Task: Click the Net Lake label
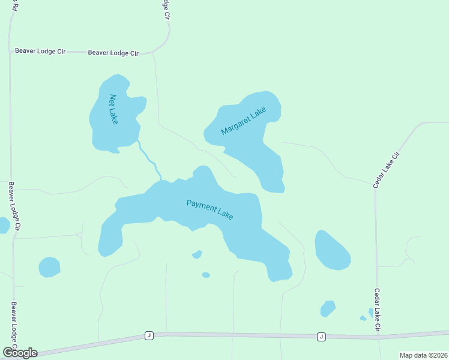point(113,109)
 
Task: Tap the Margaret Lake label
point(243,121)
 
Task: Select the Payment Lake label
point(209,209)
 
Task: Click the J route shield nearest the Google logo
point(148,335)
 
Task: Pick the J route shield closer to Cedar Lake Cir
point(321,337)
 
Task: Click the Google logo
point(20,352)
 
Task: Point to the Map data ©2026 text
point(423,355)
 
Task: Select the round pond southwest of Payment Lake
point(49,267)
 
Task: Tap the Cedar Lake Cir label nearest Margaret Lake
point(386,170)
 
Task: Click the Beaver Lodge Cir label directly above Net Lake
point(113,53)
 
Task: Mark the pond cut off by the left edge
point(4,226)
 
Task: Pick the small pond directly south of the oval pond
point(328,308)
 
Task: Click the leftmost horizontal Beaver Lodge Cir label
point(40,52)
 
